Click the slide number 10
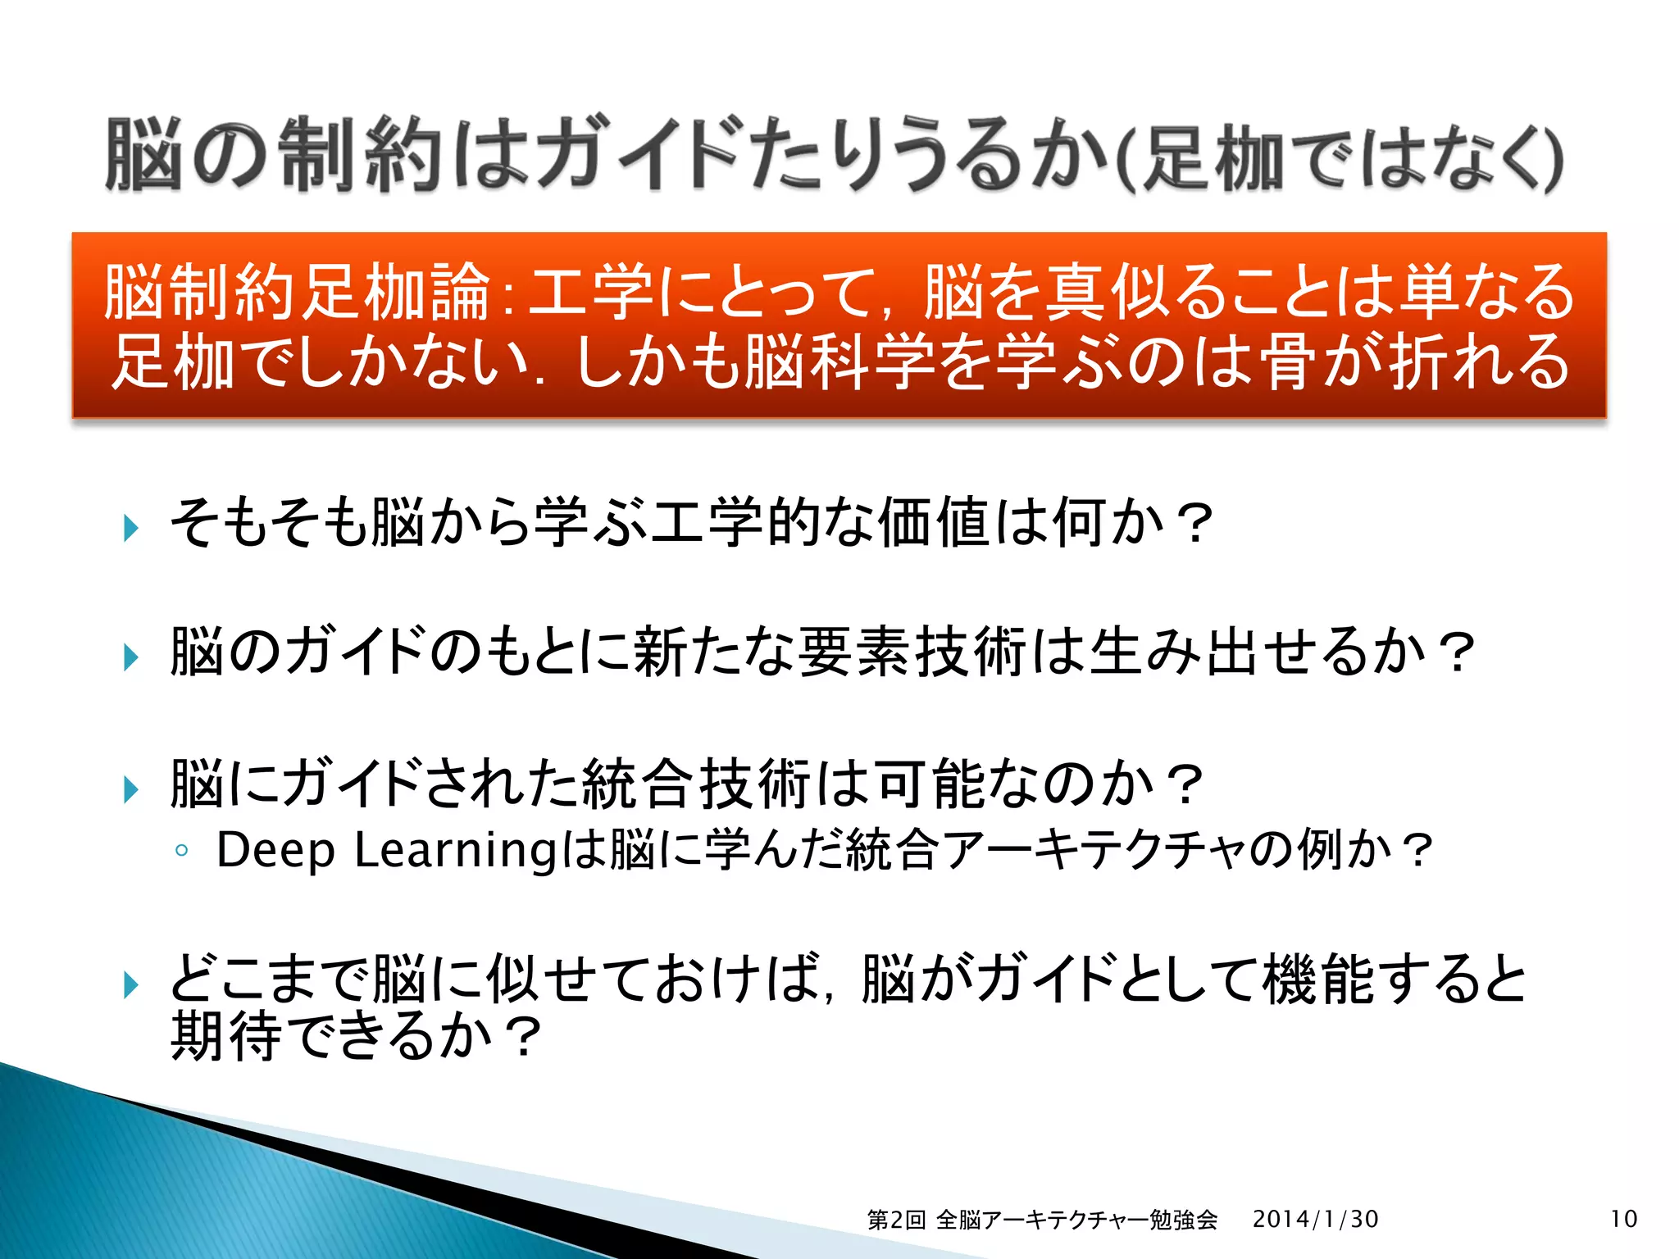point(1623,1219)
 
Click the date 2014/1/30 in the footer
point(1315,1219)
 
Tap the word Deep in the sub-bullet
point(275,850)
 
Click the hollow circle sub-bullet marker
point(182,852)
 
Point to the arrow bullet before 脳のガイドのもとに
point(130,657)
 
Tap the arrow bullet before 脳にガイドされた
point(130,789)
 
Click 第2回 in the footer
point(896,1220)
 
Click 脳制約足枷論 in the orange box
point(297,292)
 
